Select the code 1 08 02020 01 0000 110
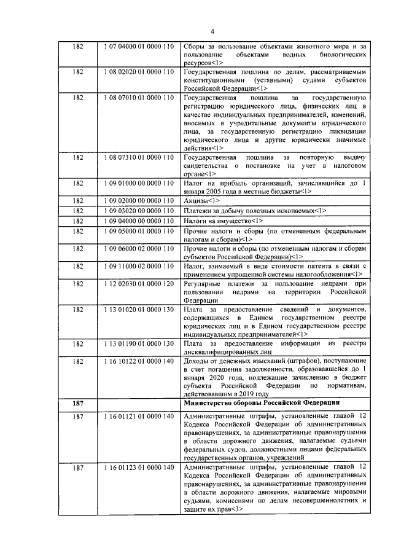tap(139, 72)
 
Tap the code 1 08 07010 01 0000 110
tap(139, 98)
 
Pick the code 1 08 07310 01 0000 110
tap(139, 157)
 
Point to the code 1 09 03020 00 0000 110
tap(139, 211)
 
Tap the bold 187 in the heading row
tap(78, 402)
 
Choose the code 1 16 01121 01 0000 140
tap(139, 416)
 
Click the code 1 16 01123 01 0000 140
tap(139, 468)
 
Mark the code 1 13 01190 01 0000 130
tap(139, 342)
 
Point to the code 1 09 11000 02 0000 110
tap(139, 266)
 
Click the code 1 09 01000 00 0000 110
tap(139, 183)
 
